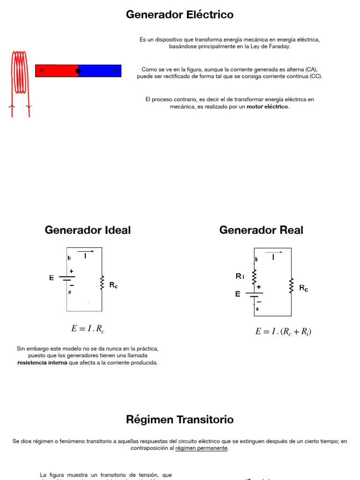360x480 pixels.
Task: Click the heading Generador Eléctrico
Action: coord(180,15)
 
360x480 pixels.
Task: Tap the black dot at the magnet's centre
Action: coord(78,71)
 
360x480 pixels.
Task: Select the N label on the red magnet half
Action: coord(42,71)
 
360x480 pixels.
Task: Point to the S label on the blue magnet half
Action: coord(114,71)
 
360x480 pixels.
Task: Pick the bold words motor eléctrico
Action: coord(268,107)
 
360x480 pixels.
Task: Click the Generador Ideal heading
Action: coord(88,230)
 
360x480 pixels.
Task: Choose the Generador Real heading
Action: coord(261,230)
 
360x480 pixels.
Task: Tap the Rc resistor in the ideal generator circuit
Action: coord(102,283)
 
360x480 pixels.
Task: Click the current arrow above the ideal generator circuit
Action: coord(86,252)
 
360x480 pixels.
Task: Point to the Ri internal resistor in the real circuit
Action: coord(255,277)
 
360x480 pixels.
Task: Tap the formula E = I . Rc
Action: coord(88,329)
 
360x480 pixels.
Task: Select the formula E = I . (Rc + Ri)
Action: coord(283,332)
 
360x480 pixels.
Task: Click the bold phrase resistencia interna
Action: coord(42,363)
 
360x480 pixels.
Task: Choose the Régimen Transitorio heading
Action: coord(180,420)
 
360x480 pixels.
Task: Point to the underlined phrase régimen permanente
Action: coord(202,448)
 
